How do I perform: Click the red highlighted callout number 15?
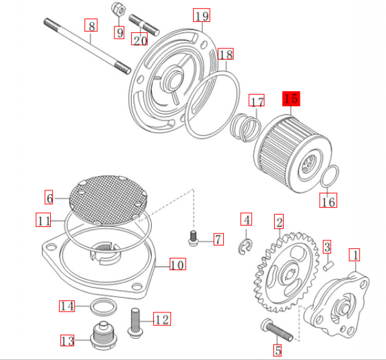point(290,99)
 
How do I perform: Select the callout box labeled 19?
point(201,15)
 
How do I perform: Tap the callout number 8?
point(92,26)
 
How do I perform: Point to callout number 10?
point(177,264)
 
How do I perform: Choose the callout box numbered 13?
point(68,340)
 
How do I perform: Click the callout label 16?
point(328,203)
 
